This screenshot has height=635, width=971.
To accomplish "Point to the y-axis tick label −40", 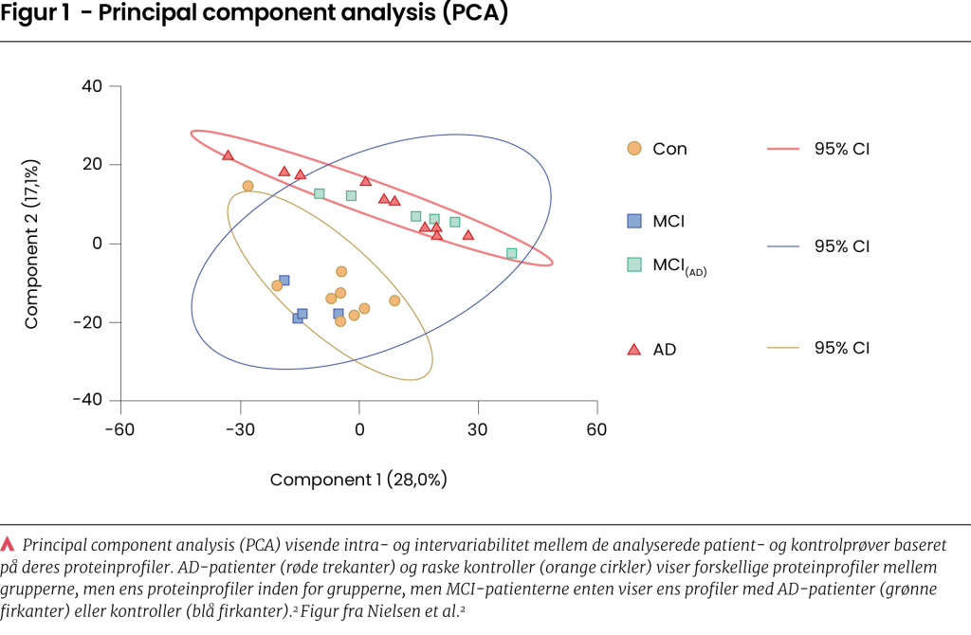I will [x=90, y=400].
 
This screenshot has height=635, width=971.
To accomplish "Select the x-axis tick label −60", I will [x=119, y=429].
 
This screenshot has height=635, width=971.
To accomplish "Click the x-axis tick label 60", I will [x=596, y=429].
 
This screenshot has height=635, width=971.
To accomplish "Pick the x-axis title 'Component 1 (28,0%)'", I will [x=357, y=480].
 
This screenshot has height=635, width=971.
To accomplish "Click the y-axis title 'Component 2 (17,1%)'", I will [x=33, y=245].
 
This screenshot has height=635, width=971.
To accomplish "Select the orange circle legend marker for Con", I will [x=634, y=149].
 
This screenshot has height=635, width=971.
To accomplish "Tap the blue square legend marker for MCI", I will [x=634, y=221].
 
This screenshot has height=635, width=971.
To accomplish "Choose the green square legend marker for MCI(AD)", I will [x=634, y=265].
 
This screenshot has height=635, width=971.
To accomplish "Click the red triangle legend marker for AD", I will [x=634, y=349].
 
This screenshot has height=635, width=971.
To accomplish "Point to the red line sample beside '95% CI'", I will [x=785, y=149].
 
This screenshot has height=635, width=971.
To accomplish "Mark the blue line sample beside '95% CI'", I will [x=785, y=246].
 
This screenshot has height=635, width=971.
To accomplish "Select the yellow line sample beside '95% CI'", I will [x=785, y=348].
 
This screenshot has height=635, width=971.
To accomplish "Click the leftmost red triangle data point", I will [x=228, y=155].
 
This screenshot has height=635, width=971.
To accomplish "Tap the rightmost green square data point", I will [x=511, y=253].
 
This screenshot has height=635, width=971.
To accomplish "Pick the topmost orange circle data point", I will [x=247, y=186].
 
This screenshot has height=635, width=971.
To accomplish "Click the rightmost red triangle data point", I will [x=467, y=235].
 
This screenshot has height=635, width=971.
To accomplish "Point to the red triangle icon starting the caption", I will [x=8, y=544].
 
